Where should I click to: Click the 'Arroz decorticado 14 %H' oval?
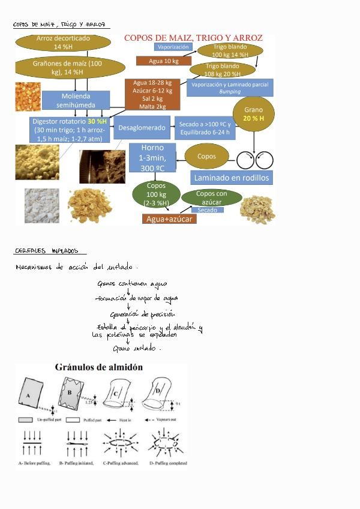coord(63,42)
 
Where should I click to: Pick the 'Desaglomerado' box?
coord(142,127)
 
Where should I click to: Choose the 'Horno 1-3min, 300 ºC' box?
coord(152,158)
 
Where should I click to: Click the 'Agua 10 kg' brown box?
coord(163,61)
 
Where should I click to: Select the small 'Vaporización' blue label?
coord(173,47)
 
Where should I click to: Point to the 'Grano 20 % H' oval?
coord(253,114)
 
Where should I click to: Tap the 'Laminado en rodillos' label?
coord(232,178)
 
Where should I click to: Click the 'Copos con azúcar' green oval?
coord(211,197)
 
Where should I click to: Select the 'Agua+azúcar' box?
coord(170,219)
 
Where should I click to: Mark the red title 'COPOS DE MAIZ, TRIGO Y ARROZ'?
coord(193,37)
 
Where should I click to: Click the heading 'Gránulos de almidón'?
coord(99,367)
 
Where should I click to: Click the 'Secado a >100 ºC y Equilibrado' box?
coord(205,128)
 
